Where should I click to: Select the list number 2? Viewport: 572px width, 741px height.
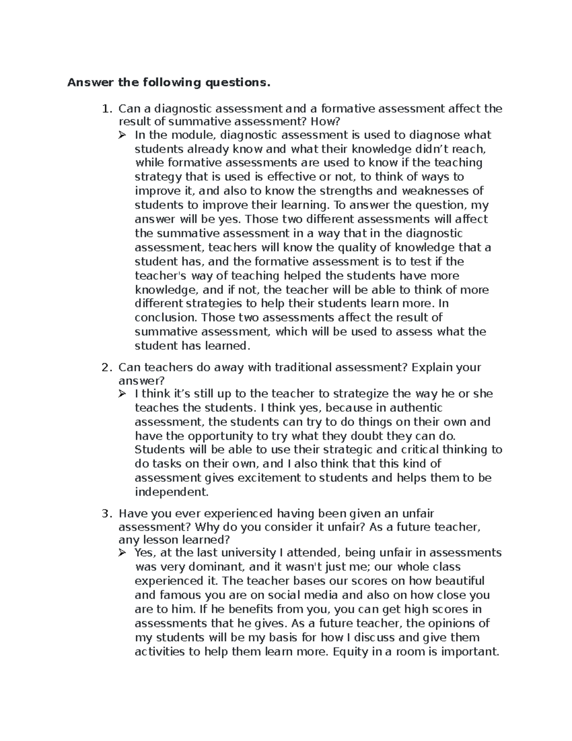click(x=106, y=368)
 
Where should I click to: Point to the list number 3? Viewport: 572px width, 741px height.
click(x=106, y=514)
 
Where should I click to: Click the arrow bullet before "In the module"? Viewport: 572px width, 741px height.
click(x=123, y=136)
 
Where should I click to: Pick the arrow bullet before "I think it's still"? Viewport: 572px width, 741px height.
click(x=123, y=394)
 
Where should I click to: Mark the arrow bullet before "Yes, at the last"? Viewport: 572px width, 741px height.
click(x=123, y=553)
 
